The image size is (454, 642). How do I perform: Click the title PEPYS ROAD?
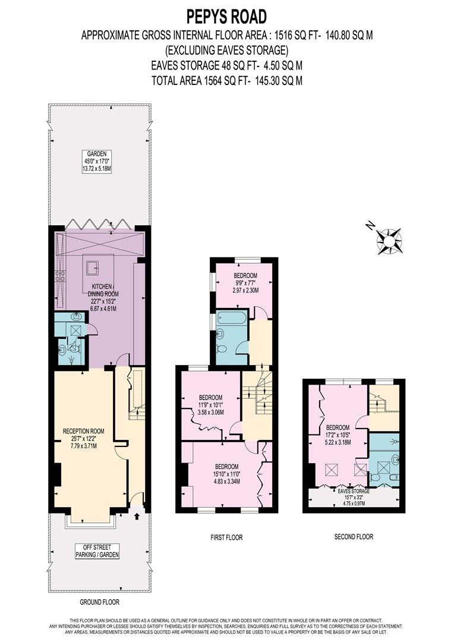(x=228, y=16)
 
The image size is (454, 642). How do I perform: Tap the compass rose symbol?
(x=389, y=240)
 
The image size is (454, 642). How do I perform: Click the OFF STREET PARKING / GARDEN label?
(x=97, y=550)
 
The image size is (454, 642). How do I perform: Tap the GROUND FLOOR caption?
(x=99, y=602)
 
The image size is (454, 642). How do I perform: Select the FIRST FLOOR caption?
(x=226, y=537)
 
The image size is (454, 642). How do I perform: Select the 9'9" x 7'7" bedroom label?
(x=245, y=284)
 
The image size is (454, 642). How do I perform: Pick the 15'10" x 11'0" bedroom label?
(x=226, y=474)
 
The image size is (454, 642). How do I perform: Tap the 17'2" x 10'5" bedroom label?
(x=337, y=435)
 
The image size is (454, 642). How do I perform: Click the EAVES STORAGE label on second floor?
(x=354, y=495)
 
